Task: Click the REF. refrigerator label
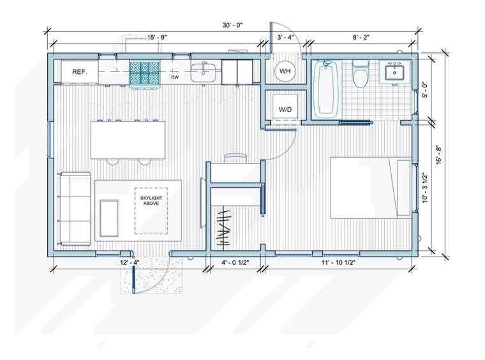click(80, 72)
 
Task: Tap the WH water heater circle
click(285, 71)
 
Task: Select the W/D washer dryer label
click(285, 110)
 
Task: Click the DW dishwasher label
click(175, 78)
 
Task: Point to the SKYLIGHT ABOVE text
click(151, 200)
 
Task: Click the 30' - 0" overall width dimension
click(232, 26)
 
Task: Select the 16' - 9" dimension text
click(157, 38)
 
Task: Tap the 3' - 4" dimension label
click(285, 38)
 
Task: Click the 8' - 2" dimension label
click(361, 38)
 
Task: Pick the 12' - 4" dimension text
click(130, 262)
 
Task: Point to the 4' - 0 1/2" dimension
click(235, 262)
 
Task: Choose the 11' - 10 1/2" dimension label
click(338, 262)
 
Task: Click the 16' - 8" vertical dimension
click(439, 154)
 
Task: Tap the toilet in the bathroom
click(361, 74)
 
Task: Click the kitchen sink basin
click(203, 73)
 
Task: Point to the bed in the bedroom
click(371, 188)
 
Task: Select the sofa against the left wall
click(74, 209)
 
